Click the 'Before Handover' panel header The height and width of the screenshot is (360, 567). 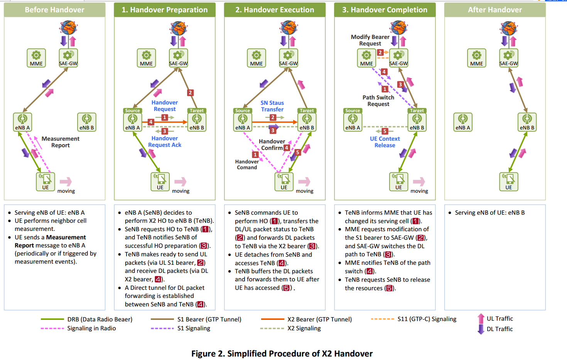(x=54, y=10)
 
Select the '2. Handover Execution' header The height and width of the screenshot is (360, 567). (x=275, y=10)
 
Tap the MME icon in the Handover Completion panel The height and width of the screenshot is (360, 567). (x=366, y=58)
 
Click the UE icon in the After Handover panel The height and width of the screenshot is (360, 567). (x=509, y=182)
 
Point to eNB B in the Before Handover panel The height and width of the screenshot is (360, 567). (x=86, y=122)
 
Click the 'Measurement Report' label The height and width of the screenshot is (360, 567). (x=61, y=142)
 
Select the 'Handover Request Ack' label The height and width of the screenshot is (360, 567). (x=165, y=142)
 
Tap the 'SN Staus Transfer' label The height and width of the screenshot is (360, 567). (x=272, y=106)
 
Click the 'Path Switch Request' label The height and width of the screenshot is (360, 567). (x=378, y=101)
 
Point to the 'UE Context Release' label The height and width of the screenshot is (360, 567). (x=385, y=142)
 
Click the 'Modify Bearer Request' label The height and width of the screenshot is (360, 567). (x=370, y=40)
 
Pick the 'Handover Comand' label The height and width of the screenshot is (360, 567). (x=247, y=165)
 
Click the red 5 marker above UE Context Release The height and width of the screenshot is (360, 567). (x=385, y=131)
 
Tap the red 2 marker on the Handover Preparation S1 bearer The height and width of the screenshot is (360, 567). (x=191, y=93)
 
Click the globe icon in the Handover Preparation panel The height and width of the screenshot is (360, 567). (x=179, y=28)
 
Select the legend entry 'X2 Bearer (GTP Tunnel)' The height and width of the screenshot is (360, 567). (x=306, y=319)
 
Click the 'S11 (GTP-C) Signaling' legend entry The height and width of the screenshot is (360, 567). (x=413, y=319)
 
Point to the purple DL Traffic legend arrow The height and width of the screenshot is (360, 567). (x=481, y=329)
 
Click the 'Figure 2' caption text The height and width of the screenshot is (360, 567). (x=282, y=353)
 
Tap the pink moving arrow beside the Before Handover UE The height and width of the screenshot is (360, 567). (x=66, y=182)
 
